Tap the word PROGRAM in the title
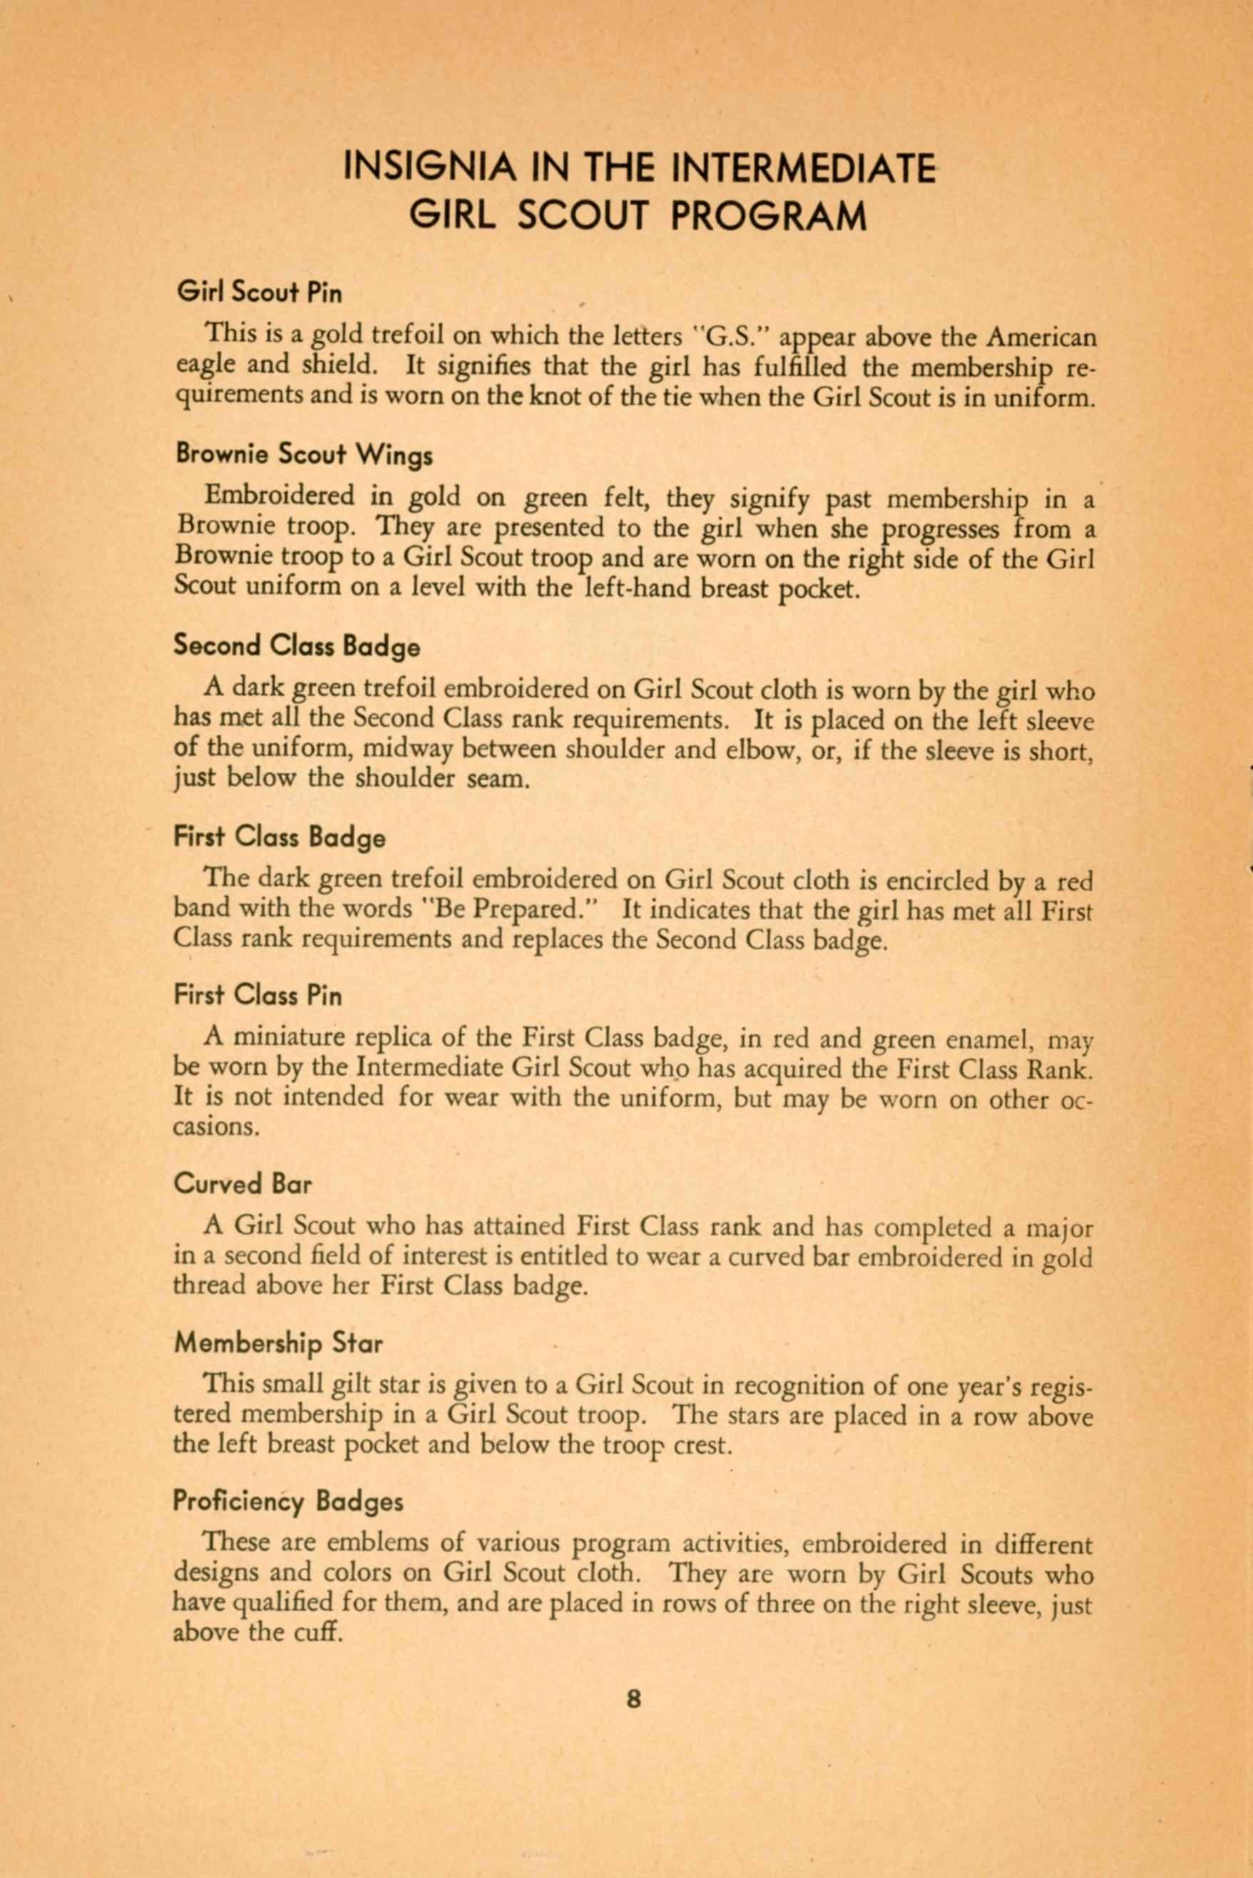click(769, 217)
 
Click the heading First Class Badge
click(279, 837)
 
